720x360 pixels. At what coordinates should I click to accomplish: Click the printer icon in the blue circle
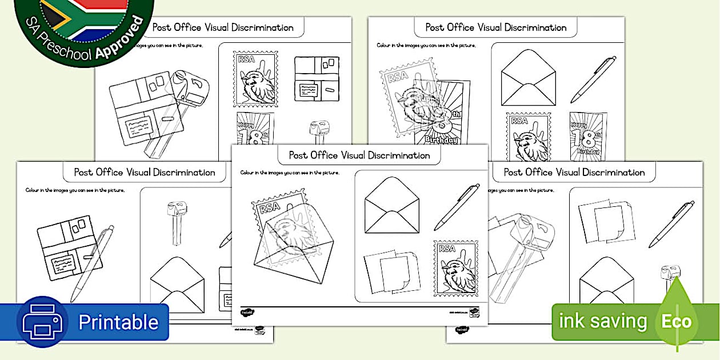click(42, 322)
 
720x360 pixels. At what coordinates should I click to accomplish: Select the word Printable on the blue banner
click(118, 322)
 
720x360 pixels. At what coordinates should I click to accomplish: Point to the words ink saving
click(602, 321)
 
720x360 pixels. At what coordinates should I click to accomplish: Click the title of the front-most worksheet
click(359, 155)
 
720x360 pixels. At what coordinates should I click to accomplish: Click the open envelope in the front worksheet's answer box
click(392, 205)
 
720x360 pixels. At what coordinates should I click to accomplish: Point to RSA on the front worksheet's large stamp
click(271, 210)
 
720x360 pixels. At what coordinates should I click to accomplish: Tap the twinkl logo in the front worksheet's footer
click(247, 313)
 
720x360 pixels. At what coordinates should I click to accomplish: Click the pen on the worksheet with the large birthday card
click(593, 79)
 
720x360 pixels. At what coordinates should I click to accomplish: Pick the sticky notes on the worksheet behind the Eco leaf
click(606, 221)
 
